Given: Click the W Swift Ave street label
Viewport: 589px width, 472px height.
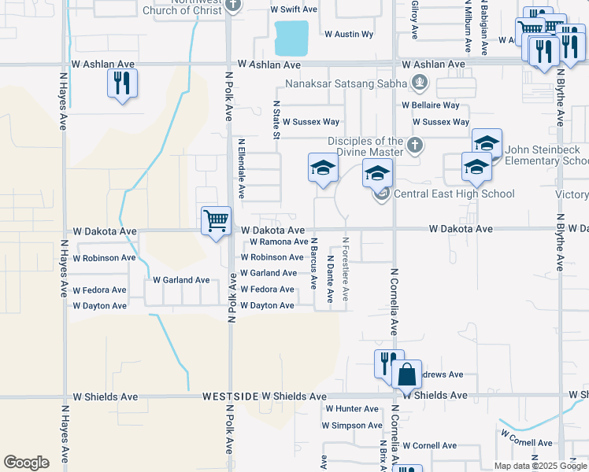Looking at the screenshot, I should (x=293, y=9).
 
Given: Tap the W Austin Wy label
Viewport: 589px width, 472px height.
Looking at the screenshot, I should (x=349, y=35).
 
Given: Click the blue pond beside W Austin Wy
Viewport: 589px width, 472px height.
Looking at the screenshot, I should (x=291, y=35).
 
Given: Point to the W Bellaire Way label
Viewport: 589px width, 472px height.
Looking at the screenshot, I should (x=431, y=105).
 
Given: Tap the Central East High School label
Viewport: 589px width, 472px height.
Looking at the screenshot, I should (x=454, y=194).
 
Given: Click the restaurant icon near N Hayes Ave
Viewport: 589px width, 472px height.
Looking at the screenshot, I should (x=122, y=83).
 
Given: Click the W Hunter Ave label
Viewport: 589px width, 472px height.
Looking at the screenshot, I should (x=351, y=409).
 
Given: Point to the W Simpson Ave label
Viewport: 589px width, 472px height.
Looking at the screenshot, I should (x=351, y=426).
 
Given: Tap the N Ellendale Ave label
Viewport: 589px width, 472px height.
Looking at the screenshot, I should (x=242, y=169).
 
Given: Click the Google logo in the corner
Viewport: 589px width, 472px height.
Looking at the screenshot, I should (x=26, y=463).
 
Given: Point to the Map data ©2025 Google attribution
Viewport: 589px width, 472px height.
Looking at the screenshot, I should (x=540, y=466).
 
